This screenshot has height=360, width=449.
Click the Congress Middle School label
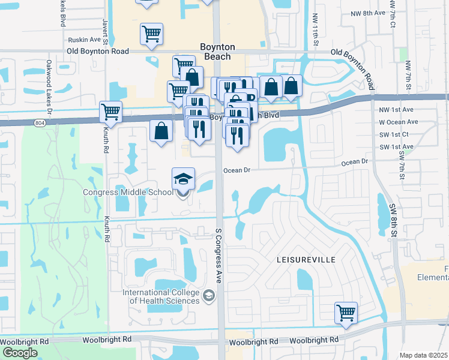tap(127, 192)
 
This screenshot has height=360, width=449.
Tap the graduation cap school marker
tap(184, 179)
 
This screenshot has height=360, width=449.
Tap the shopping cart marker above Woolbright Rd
tap(346, 313)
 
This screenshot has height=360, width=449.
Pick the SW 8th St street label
tap(394, 219)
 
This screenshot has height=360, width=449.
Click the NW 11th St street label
tap(315, 31)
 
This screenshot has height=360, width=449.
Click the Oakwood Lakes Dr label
tap(49, 86)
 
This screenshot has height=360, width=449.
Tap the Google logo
tap(20, 353)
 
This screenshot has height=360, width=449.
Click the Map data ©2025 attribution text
tap(423, 355)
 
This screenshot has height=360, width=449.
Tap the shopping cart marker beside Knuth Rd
tap(110, 112)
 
